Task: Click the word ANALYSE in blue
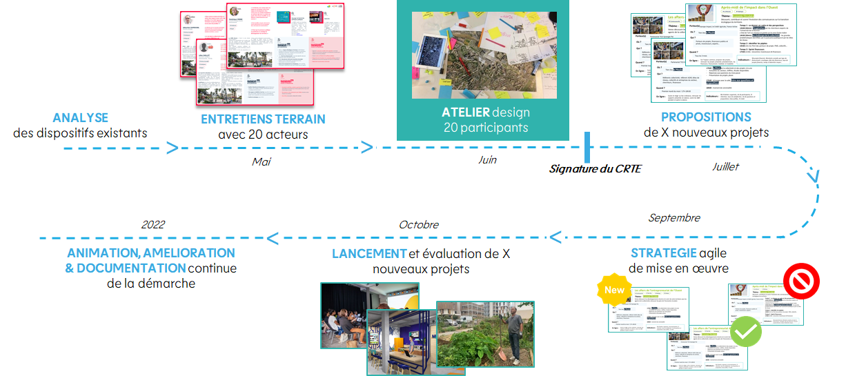coord(80,118)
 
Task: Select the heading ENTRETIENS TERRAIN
coord(263,119)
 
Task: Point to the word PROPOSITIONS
coord(706,117)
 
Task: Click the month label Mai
coord(262,162)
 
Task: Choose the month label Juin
coord(487,160)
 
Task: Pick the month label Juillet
coord(725,167)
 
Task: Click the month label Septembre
coord(674,218)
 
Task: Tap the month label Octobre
coord(418,225)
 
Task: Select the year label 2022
coord(153,225)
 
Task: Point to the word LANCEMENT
coord(369,254)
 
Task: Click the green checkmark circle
coord(746,332)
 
